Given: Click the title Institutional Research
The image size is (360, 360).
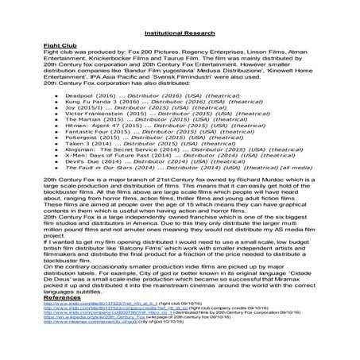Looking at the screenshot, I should tap(180, 34).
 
